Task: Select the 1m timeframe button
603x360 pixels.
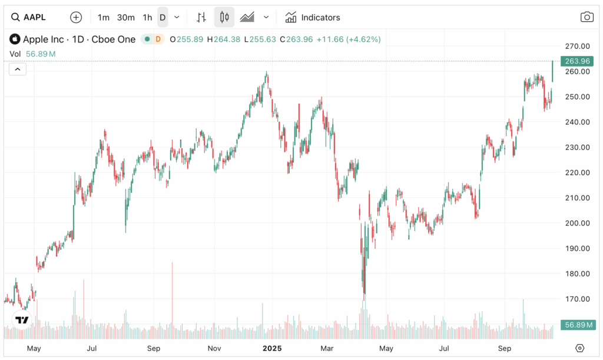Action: (104, 17)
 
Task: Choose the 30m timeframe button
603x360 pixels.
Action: (126, 17)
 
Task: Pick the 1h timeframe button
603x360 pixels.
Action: (147, 17)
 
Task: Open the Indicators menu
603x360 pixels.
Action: (313, 17)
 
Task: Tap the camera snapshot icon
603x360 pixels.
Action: (587, 17)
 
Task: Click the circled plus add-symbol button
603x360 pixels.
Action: (76, 17)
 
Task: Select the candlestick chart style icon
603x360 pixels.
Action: (224, 17)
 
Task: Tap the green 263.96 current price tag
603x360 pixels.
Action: (577, 61)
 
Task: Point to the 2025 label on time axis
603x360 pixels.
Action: (272, 348)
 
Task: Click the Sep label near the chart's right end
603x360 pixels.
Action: (505, 348)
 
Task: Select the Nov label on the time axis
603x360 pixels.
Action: (214, 348)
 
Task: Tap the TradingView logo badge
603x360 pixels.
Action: (22, 321)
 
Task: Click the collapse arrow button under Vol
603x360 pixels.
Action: (18, 70)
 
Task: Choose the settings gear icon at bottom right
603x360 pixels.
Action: (580, 348)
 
